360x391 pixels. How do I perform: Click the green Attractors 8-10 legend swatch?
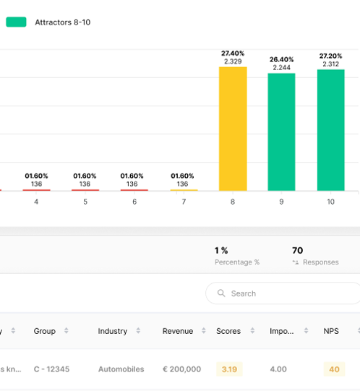click(x=16, y=22)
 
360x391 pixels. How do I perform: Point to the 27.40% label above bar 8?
click(x=233, y=53)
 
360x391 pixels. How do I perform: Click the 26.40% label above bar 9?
click(x=282, y=59)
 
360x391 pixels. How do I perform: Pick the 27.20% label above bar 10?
click(x=330, y=55)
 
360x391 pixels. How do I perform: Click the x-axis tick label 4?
click(x=36, y=202)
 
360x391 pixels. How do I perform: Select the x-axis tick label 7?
click(x=184, y=202)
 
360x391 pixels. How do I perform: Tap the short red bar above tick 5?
click(x=85, y=190)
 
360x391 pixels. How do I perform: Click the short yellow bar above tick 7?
click(x=184, y=190)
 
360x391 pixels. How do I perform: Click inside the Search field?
click(x=289, y=293)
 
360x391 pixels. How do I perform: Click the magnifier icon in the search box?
click(x=220, y=293)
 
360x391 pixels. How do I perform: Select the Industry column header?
click(x=113, y=331)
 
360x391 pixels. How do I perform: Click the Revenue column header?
click(x=178, y=331)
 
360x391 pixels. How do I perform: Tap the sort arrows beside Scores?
click(x=250, y=331)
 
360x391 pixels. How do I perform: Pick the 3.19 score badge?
click(x=229, y=369)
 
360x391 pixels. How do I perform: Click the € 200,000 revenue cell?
click(x=181, y=369)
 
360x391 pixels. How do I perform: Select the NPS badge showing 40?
click(x=334, y=369)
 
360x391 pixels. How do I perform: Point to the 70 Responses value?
click(x=297, y=251)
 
